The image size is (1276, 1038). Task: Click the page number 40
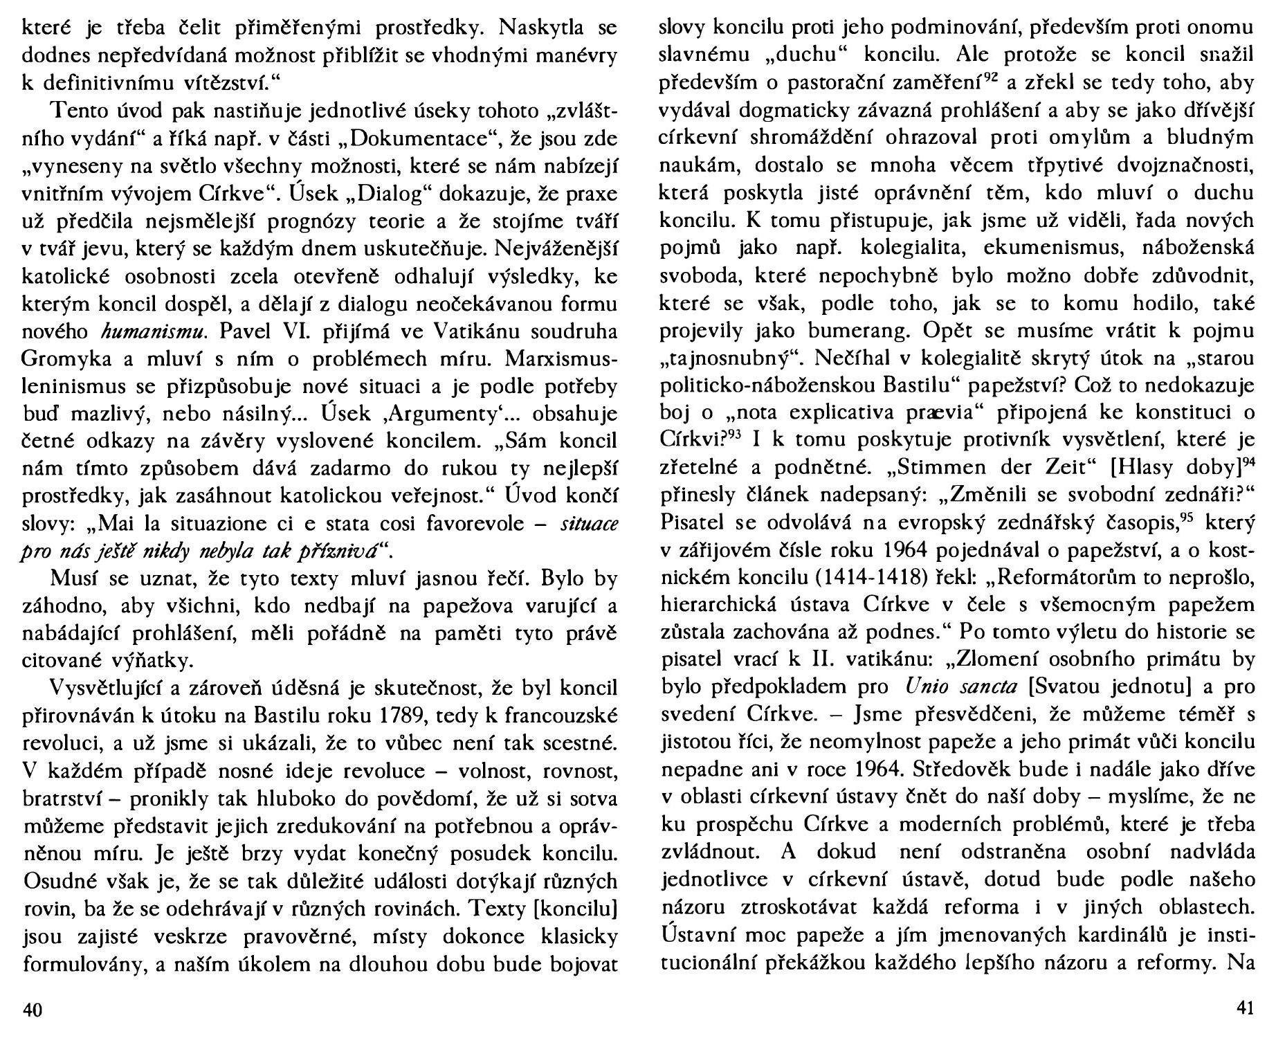[33, 1010]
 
